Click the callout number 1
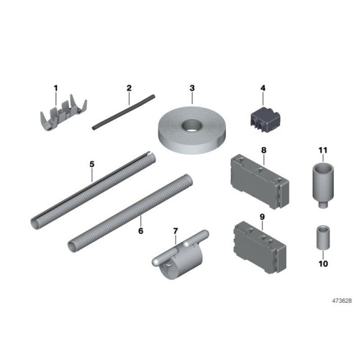point(55,88)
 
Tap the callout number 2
point(129,88)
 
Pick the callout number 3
point(192,88)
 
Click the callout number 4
point(263,88)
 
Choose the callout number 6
point(140,230)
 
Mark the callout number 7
point(176,232)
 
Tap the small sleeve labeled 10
point(322,236)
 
